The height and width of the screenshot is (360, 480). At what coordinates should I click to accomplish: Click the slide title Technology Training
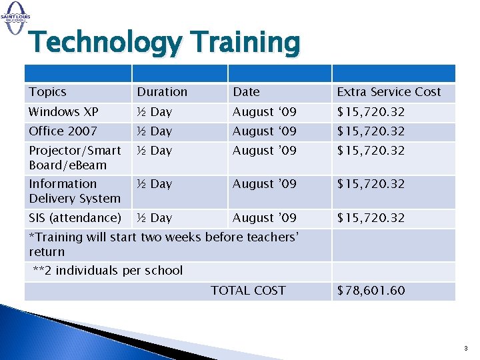165,43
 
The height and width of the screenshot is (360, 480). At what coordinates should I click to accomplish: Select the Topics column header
48,92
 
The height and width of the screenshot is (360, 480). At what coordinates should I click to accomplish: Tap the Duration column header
162,92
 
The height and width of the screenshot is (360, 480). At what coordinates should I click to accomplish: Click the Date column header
246,92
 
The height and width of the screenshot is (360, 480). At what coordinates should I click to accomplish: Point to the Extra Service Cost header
389,92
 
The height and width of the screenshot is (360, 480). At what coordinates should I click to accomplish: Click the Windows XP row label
63,112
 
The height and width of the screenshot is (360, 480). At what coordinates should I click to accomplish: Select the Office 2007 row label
63,131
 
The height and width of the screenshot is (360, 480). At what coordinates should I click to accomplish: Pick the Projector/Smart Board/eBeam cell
75,158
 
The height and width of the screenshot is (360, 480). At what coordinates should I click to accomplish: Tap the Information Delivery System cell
75,191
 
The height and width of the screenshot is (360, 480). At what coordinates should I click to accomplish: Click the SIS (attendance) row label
75,218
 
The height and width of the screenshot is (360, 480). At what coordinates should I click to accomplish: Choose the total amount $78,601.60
371,291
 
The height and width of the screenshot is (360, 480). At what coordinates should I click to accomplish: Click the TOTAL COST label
248,291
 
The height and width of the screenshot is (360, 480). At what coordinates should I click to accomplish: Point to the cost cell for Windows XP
371,112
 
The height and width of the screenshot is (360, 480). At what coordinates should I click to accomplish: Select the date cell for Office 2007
264,131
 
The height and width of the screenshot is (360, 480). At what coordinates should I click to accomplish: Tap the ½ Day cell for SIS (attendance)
154,218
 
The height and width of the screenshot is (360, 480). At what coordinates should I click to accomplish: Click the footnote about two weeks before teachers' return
163,244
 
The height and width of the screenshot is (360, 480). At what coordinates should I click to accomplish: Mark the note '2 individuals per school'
108,271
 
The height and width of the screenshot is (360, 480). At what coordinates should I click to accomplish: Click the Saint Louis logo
15,13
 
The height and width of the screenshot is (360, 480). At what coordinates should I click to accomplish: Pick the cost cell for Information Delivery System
371,184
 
